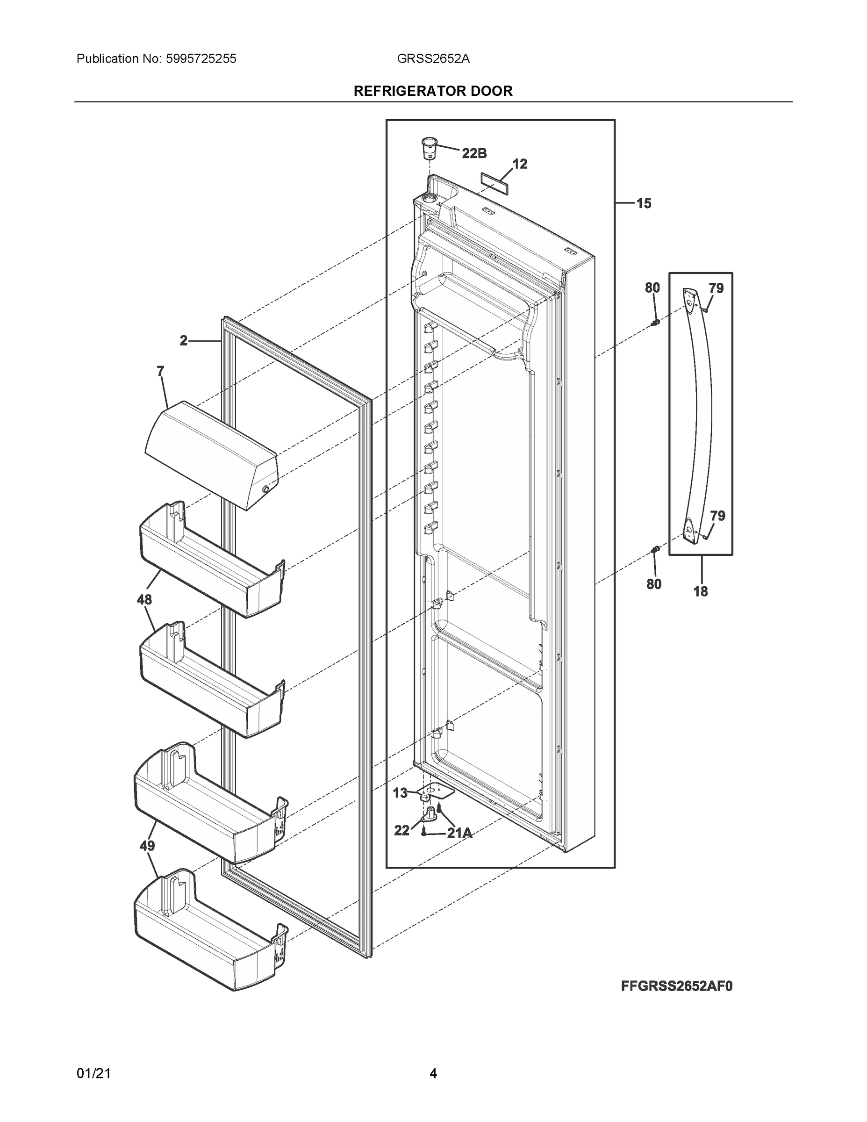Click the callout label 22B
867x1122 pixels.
point(474,153)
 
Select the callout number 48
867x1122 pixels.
point(144,599)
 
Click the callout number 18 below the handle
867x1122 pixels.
point(700,592)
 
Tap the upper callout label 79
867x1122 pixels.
point(716,288)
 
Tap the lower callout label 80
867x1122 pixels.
point(653,584)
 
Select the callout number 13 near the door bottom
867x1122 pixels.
point(400,793)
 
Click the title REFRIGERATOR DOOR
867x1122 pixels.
point(433,91)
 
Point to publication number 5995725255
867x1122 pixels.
point(201,58)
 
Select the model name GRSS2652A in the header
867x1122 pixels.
point(433,58)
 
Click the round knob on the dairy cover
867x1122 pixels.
point(265,489)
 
